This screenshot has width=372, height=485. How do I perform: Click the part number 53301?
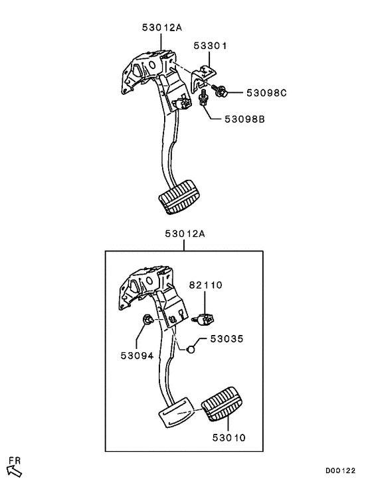coord(211,46)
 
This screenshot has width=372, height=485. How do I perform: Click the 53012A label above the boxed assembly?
coord(185,234)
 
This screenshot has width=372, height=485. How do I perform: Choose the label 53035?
coord(227,338)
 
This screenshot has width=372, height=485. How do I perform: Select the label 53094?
coord(137,355)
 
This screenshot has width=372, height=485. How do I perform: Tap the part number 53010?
coord(229,437)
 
